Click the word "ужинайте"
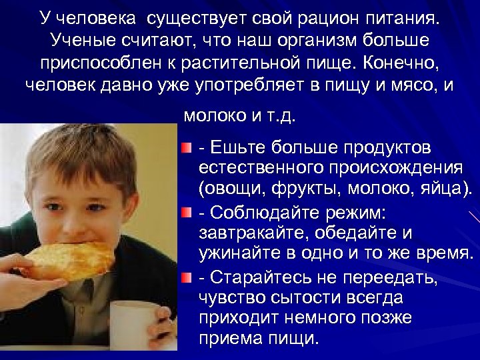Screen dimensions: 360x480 tap(235, 253)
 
